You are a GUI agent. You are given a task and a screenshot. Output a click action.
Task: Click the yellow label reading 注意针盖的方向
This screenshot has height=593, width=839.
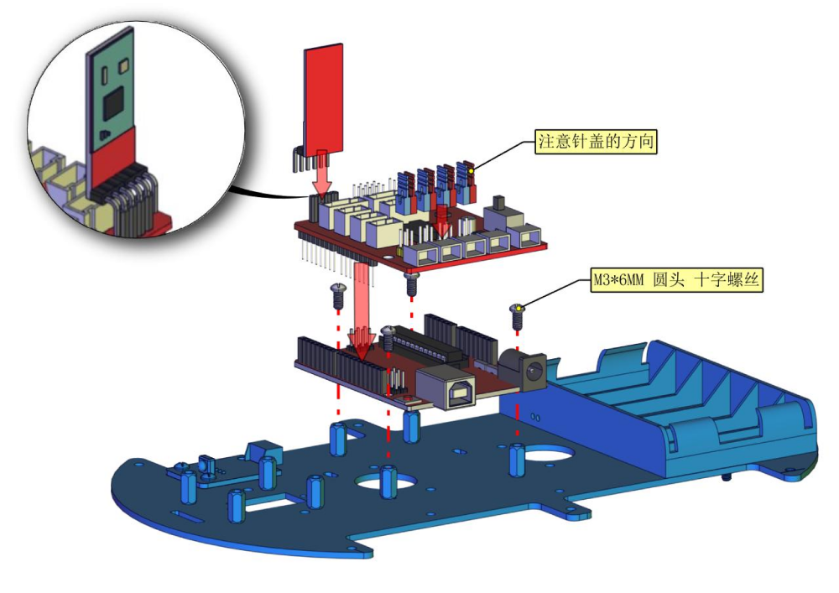596,142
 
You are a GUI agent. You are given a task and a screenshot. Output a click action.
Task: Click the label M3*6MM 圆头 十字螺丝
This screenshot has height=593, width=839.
676,279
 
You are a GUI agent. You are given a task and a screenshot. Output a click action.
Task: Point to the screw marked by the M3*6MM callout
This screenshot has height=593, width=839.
517,316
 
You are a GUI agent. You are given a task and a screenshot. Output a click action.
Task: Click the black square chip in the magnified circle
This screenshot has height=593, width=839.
114,105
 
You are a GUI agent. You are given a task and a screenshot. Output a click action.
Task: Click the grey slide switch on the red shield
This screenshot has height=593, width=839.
502,212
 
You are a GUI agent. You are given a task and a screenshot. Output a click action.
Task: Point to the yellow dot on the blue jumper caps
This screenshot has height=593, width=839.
472,171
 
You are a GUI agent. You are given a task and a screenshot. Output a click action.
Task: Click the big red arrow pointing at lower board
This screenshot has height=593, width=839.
361,310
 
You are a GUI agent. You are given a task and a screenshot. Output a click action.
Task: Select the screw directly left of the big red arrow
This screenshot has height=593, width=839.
338,296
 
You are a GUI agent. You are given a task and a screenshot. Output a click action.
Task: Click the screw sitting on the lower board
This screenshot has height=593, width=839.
388,338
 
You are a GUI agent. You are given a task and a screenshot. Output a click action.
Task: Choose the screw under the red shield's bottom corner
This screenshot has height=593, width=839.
411,283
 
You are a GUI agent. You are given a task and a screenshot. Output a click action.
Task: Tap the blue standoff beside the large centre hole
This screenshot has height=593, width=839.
388,481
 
